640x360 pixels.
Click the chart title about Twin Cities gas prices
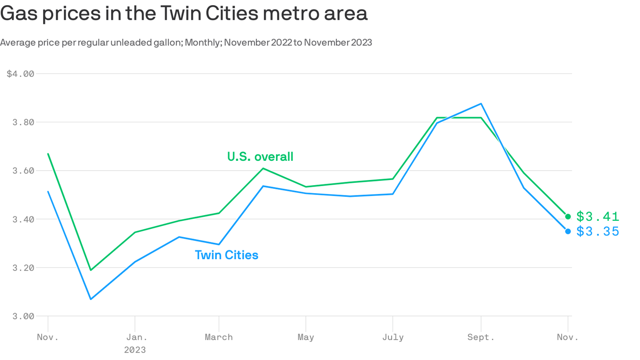[184, 14]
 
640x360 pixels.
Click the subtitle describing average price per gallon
[186, 43]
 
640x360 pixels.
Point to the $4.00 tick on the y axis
[21, 74]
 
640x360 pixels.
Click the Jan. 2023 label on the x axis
[135, 343]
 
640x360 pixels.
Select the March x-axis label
[219, 337]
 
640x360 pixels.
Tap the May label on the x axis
[305, 337]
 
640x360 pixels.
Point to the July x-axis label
[393, 337]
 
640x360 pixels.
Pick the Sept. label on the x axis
[481, 337]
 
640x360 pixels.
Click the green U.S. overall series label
[260, 157]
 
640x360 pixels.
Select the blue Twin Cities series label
[226, 255]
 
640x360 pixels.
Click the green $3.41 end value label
[598, 217]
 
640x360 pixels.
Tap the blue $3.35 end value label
[598, 232]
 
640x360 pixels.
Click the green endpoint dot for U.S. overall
[568, 217]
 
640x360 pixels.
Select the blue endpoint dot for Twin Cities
[568, 232]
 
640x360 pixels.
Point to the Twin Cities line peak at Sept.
[481, 104]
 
